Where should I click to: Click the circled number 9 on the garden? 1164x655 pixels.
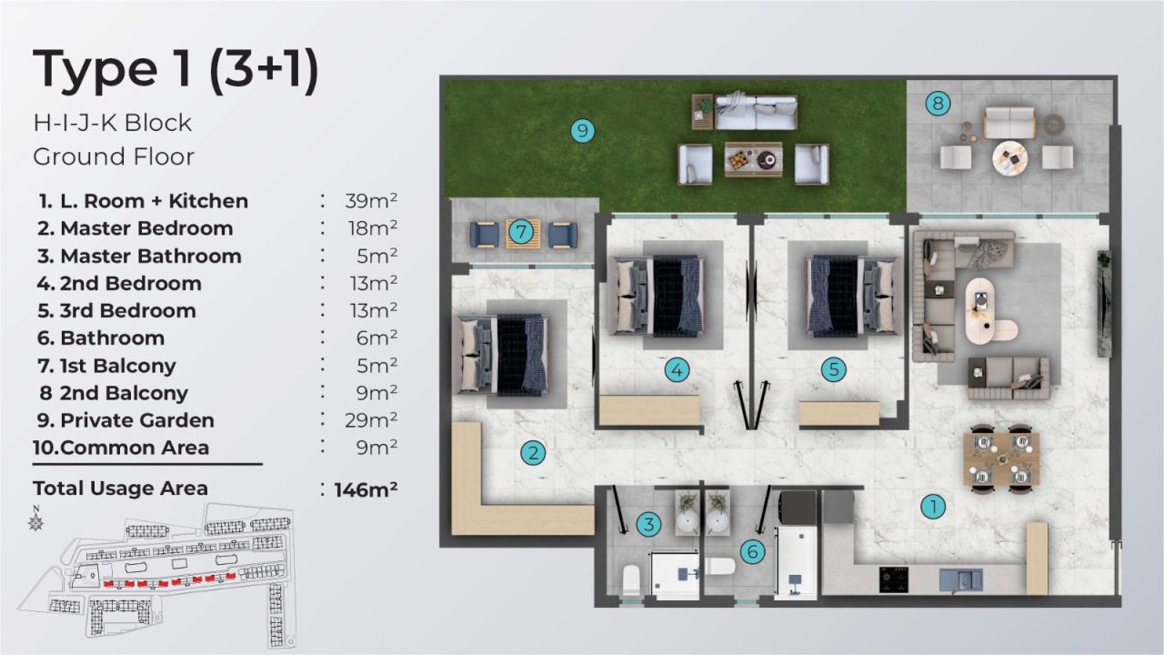coord(583,131)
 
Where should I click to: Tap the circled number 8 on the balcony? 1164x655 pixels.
coord(938,103)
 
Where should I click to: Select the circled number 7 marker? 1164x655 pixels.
coord(520,233)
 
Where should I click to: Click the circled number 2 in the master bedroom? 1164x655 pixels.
coord(533,452)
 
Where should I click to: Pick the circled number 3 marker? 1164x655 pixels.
coord(647,524)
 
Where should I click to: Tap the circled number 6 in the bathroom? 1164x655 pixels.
coord(751,551)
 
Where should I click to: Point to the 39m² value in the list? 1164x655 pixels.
coord(371,201)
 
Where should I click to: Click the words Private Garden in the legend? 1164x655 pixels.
coord(137,420)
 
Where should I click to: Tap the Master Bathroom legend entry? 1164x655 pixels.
coord(151,256)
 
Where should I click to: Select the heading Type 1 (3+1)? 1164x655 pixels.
coord(176,70)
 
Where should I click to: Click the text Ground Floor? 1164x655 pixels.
coord(114,156)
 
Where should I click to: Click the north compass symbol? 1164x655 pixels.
coord(37,520)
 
